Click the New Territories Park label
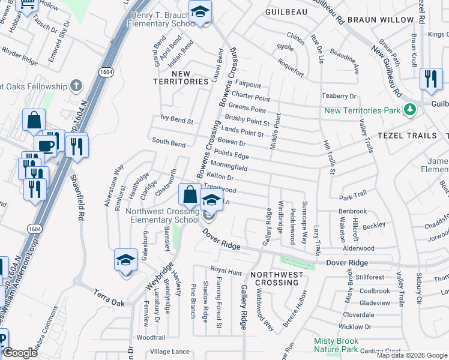pos(362,110)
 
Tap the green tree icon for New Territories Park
pos(409,110)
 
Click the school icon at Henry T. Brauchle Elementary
pos(200,11)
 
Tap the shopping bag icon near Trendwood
pos(190,195)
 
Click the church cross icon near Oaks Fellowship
pos(76,85)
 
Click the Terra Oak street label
pos(109,299)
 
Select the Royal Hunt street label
pos(226,271)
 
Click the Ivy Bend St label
pos(177,119)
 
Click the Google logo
pos(20,353)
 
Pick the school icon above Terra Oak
pos(125,260)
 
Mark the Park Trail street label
pos(352,196)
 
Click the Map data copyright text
pos(412,355)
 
